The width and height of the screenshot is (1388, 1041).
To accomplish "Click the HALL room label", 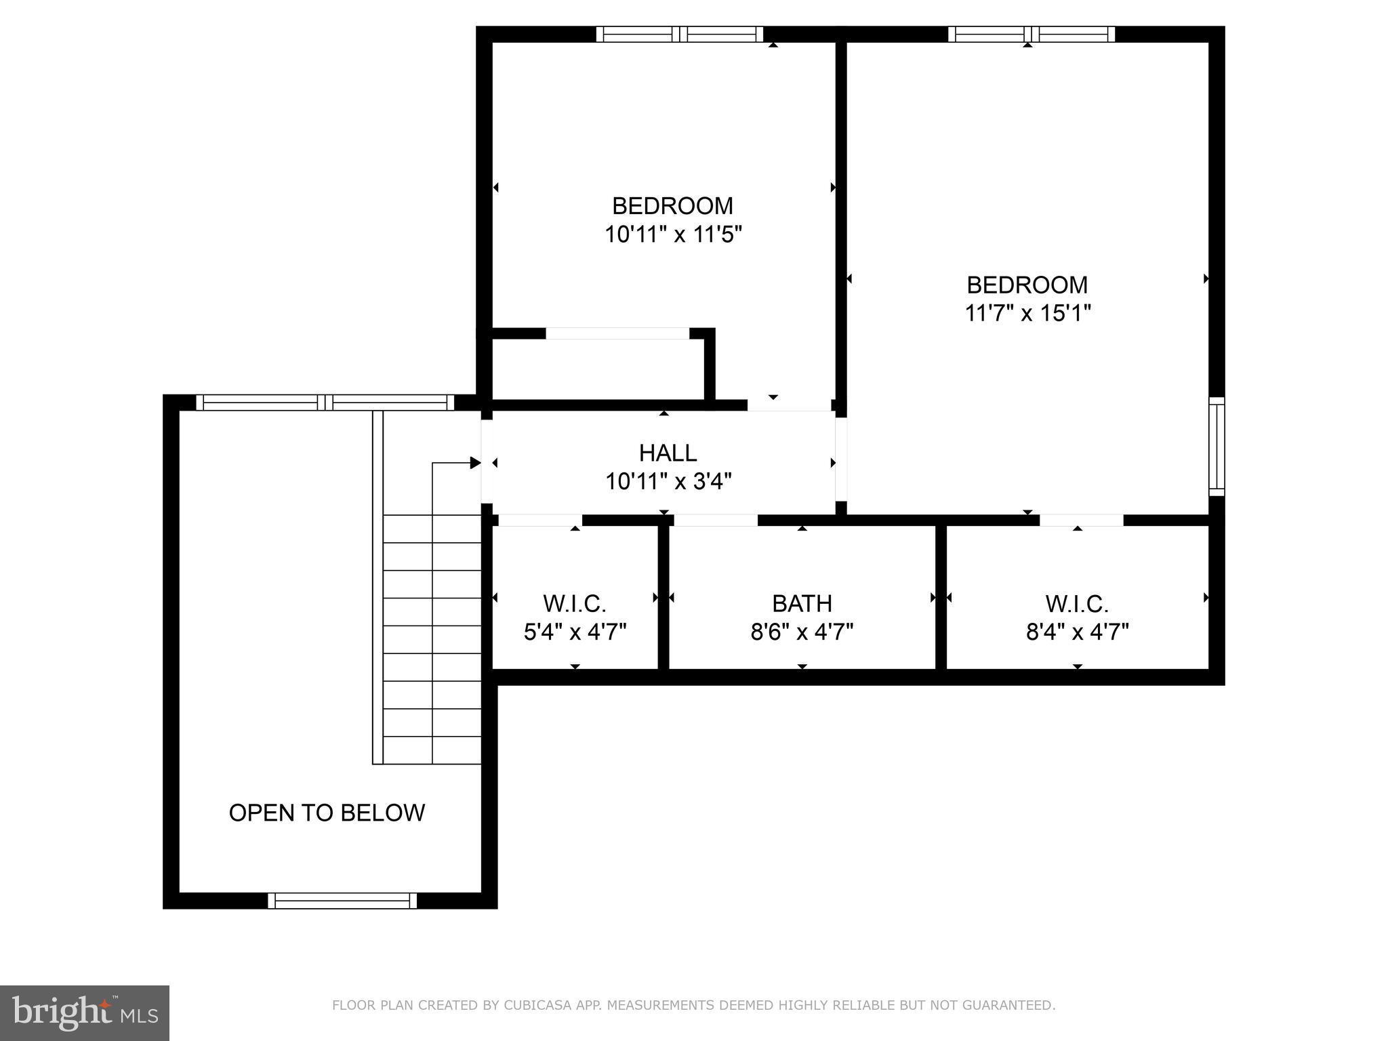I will point(668,453).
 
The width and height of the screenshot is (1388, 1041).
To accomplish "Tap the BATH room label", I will point(802,603).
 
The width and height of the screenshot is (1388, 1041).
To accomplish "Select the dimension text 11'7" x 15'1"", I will point(1027,313).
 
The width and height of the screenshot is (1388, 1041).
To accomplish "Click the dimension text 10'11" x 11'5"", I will point(673,234).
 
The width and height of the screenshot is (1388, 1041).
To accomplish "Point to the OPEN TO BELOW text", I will point(327,813).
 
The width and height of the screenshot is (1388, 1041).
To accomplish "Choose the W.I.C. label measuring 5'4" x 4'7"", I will point(575,603).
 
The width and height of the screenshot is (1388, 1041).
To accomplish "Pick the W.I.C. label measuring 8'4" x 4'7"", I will point(1077,603).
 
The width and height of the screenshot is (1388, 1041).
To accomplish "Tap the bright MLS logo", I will point(85,1013).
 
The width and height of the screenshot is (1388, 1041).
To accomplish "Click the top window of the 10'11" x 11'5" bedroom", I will point(680,34).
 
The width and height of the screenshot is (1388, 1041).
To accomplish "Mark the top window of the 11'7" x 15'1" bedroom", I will point(1031,34).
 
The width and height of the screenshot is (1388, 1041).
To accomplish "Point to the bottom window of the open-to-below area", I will point(342,901).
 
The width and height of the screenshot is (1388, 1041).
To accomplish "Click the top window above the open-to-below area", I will point(325,403).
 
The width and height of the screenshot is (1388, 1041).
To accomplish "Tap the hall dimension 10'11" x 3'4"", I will point(668,482).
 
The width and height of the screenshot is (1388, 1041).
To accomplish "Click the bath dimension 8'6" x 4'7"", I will point(802,632).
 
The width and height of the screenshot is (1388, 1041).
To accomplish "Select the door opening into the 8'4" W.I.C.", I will point(1081,520).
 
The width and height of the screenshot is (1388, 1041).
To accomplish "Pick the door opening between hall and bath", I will point(715,520).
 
